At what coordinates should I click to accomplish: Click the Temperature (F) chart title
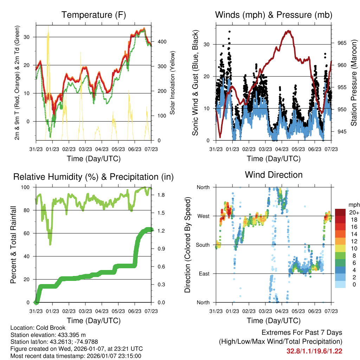[x=94, y=15]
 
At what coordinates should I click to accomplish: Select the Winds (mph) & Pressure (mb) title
[x=274, y=15]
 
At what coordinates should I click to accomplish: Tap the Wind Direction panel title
[x=274, y=175]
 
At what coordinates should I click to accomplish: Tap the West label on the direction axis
[x=203, y=216]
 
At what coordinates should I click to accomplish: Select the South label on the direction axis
[x=202, y=245]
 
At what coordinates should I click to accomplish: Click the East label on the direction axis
[x=204, y=274]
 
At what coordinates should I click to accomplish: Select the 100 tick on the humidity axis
[x=27, y=187]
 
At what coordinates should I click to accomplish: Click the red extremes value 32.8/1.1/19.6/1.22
[x=314, y=351]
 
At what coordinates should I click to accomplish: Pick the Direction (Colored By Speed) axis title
[x=187, y=245]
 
